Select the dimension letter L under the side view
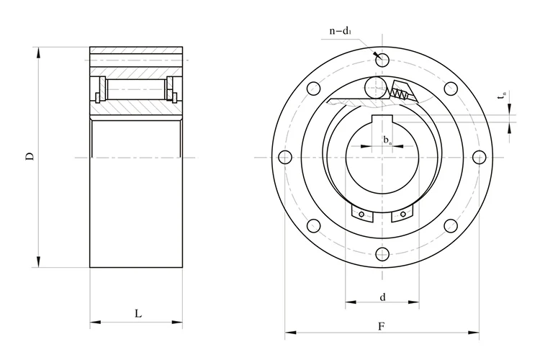coord(137,314)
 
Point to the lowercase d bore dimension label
coord(382,296)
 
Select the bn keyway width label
coord(387,139)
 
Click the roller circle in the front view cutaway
coord(374,88)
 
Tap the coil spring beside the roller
coord(399,92)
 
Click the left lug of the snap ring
coord(359,215)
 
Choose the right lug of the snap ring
coord(404,215)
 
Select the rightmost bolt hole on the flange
coord(480,157)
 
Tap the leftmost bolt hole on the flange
coord(285,157)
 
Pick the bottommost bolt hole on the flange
coord(382,254)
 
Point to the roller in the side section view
coord(137,89)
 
